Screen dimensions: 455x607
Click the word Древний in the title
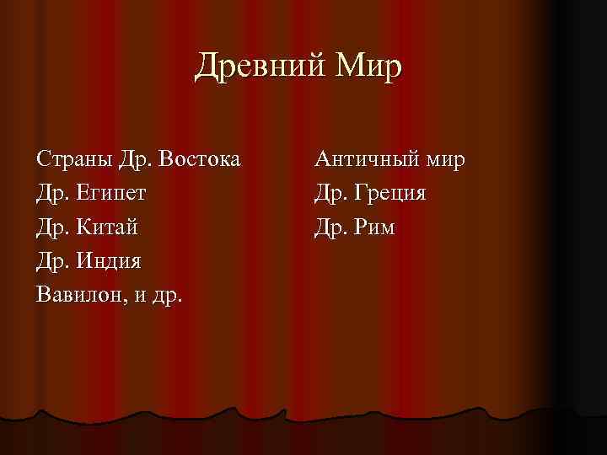pyautogui.click(x=252, y=67)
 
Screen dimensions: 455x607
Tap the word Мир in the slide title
pyautogui.click(x=368, y=67)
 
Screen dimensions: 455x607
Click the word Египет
pyautogui.click(x=111, y=194)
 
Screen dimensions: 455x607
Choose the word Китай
pyautogui.click(x=107, y=227)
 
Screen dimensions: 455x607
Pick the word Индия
pyautogui.click(x=109, y=261)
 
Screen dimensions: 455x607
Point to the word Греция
pyautogui.click(x=390, y=194)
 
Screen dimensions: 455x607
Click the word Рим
pyautogui.click(x=374, y=227)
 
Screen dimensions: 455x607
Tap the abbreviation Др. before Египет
pyautogui.click(x=52, y=194)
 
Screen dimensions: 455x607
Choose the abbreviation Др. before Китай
pyautogui.click(x=52, y=227)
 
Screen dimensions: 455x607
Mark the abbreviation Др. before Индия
pyautogui.click(x=52, y=261)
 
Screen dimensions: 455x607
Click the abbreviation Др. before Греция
pyautogui.click(x=330, y=194)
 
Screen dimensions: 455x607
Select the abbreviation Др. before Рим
pyautogui.click(x=330, y=227)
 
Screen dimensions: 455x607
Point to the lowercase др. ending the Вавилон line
pyautogui.click(x=169, y=296)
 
